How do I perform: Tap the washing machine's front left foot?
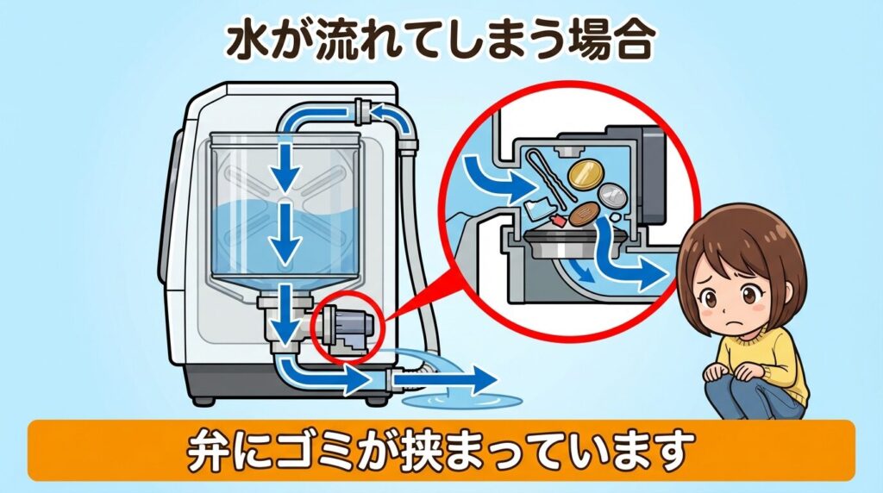click(204, 399)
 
